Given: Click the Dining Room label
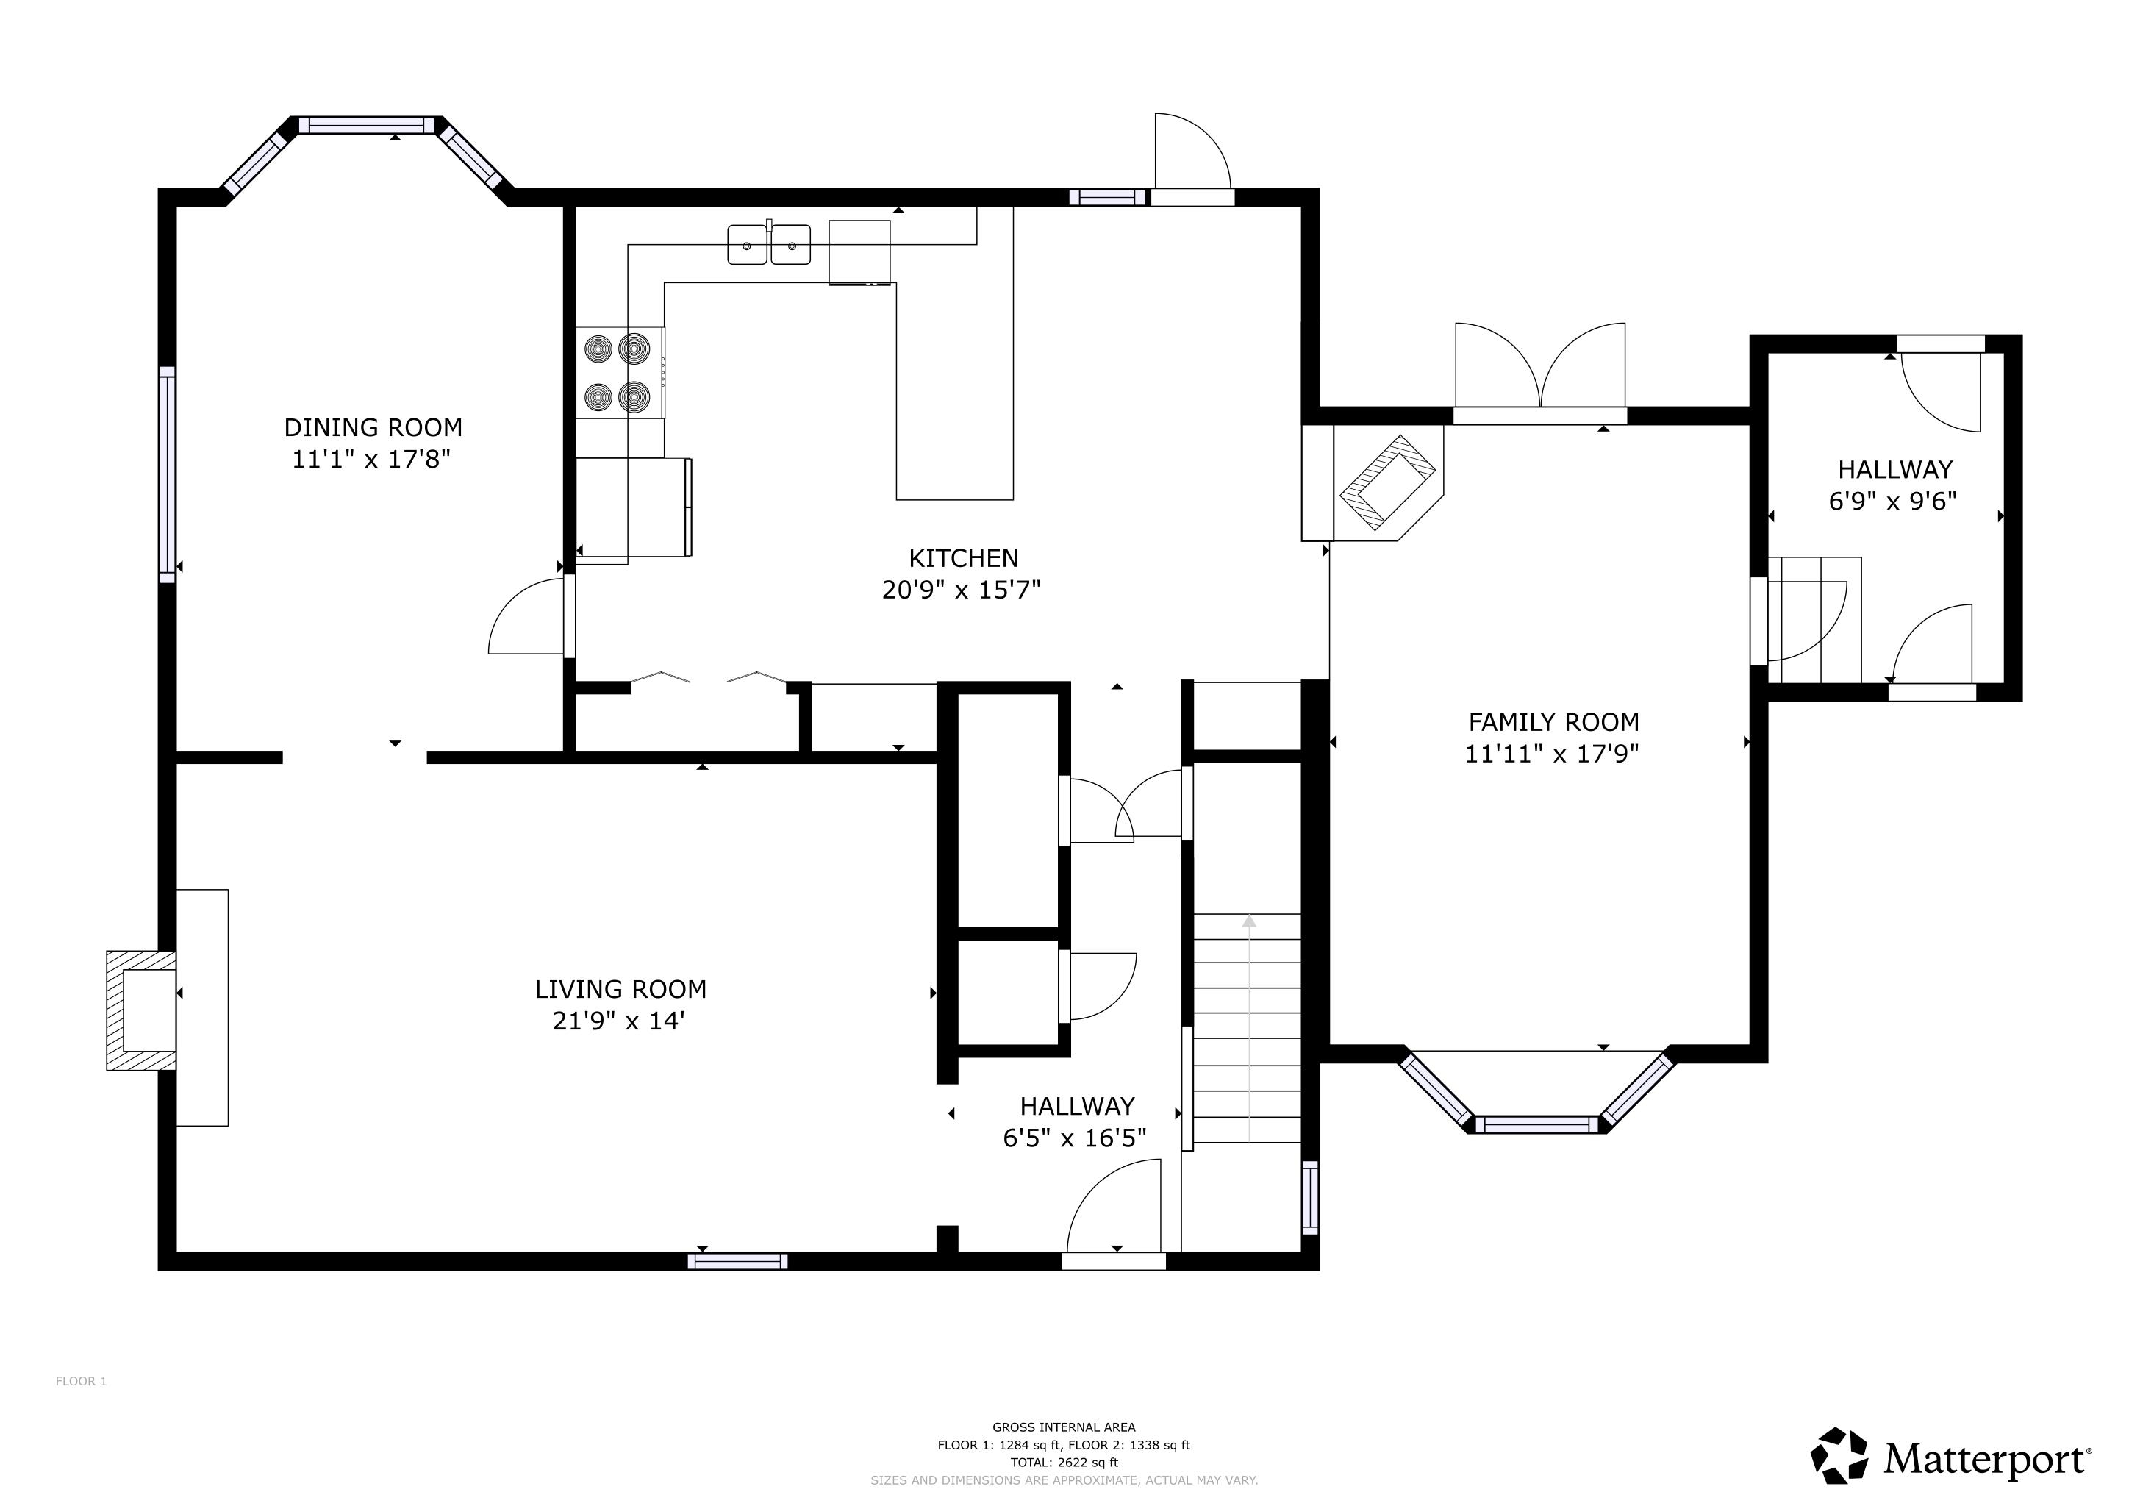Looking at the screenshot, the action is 373,427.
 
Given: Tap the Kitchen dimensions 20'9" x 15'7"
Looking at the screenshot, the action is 962,590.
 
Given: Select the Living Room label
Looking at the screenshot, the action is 620,990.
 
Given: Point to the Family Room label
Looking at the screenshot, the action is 1553,722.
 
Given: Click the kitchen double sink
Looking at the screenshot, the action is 769,244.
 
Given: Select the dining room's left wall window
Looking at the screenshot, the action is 168,475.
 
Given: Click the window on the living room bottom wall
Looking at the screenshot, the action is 738,1261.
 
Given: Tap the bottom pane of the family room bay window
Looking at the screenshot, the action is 1536,1125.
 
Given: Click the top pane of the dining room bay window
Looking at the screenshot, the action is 371,125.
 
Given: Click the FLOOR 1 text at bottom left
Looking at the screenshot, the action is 82,1382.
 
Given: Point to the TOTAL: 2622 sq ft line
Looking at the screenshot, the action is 1064,1463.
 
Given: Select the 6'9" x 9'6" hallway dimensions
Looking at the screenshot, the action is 1892,502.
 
